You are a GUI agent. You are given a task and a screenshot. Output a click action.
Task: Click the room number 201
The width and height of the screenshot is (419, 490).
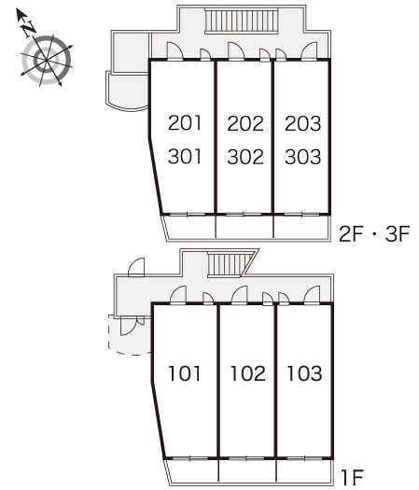tap(185, 123)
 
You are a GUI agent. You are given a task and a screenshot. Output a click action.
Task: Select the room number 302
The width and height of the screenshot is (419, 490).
tap(245, 157)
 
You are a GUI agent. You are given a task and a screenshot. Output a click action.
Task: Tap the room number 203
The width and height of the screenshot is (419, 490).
tap(302, 123)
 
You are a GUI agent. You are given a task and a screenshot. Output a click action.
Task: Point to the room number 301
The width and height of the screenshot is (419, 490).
tap(185, 157)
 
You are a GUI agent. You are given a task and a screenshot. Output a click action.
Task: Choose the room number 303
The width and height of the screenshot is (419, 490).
tap(302, 157)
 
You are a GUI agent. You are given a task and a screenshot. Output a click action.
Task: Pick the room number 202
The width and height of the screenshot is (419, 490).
tap(245, 123)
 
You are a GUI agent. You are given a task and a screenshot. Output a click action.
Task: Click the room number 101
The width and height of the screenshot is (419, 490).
tap(185, 373)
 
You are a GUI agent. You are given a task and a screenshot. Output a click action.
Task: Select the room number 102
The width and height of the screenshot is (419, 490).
tap(248, 373)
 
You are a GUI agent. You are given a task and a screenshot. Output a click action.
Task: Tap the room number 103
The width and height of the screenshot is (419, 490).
tap(304, 373)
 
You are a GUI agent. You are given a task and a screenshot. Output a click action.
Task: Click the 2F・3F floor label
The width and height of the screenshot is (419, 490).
tap(374, 234)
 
